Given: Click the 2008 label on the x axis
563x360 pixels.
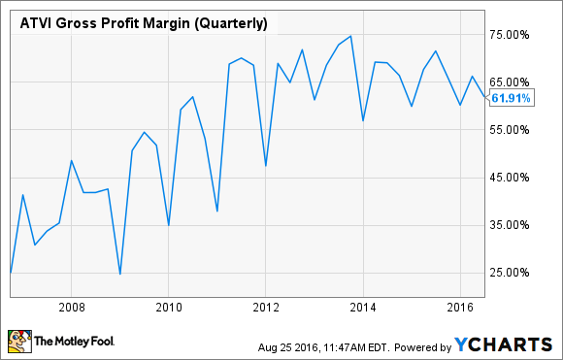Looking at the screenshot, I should tap(71, 308).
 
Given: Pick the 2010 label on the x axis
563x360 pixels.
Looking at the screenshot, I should tap(168, 308).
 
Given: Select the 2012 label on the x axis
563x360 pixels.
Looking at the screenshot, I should tap(266, 308).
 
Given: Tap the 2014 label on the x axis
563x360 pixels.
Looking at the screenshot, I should tap(363, 308).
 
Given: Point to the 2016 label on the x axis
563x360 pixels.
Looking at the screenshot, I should tap(460, 308).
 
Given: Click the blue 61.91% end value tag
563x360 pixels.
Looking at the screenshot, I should tap(512, 98).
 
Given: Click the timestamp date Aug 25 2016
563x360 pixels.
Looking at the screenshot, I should tap(287, 346).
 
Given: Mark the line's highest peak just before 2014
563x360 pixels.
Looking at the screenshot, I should tap(349, 36).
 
